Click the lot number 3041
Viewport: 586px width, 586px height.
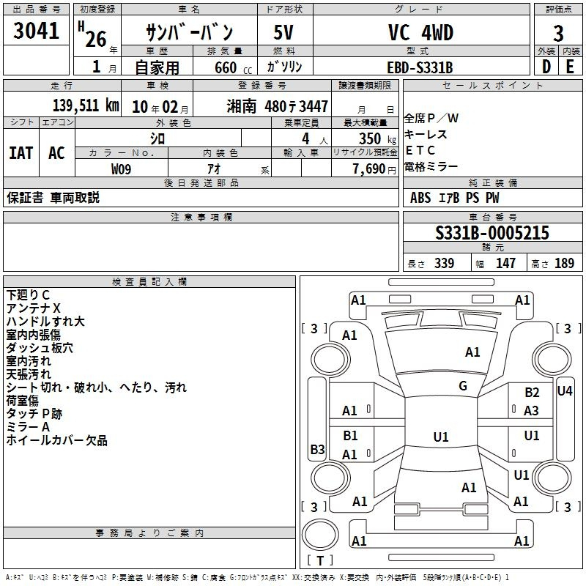tap(36, 30)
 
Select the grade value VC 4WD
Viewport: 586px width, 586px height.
tap(420, 32)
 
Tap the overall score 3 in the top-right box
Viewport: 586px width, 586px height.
tap(558, 33)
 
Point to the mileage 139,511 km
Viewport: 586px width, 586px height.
tap(86, 105)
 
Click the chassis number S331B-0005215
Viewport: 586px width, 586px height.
tap(492, 232)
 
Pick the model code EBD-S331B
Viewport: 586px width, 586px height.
tap(420, 67)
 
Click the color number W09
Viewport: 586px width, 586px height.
tap(121, 169)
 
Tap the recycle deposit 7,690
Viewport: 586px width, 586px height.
tap(369, 169)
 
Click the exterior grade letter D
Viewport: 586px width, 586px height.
tap(546, 67)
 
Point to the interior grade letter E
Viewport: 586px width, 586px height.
tap(570, 67)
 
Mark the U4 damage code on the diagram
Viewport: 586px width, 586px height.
tap(565, 391)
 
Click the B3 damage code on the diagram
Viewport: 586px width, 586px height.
tap(318, 449)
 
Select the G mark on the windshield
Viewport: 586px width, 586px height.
tap(463, 386)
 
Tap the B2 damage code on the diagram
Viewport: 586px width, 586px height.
tap(532, 393)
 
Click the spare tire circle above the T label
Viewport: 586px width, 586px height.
tap(320, 534)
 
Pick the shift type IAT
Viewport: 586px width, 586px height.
tap(21, 153)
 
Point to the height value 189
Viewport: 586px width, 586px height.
tap(564, 263)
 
